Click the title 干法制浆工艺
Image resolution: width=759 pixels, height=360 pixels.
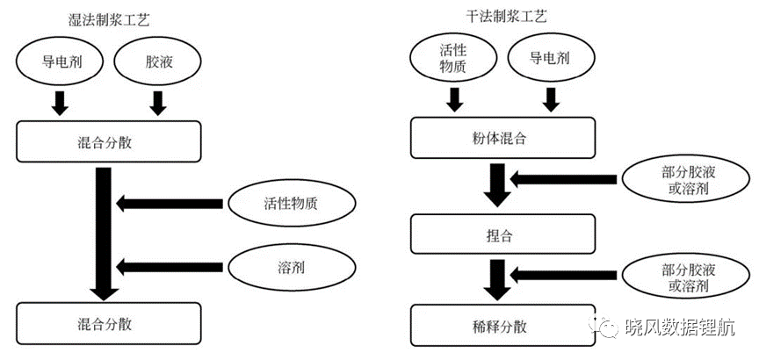pyautogui.click(x=506, y=18)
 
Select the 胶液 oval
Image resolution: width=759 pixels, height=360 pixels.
pyautogui.click(x=157, y=62)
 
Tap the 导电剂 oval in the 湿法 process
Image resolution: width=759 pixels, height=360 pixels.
pyautogui.click(x=60, y=62)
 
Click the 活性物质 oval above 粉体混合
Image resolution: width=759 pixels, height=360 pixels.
pyautogui.click(x=453, y=59)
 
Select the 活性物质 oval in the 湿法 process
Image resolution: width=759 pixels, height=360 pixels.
pyautogui.click(x=292, y=204)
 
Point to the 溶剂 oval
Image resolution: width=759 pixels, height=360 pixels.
pyautogui.click(x=292, y=267)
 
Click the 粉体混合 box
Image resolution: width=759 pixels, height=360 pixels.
pyautogui.click(x=502, y=139)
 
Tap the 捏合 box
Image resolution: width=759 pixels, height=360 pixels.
pyautogui.click(x=502, y=234)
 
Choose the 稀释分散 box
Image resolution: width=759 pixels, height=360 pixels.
pyautogui.click(x=502, y=326)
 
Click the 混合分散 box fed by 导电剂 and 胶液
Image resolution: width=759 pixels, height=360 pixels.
pyautogui.click(x=108, y=141)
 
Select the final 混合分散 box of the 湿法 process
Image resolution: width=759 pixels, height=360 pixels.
pyautogui.click(x=108, y=324)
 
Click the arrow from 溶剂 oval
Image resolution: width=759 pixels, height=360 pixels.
pyautogui.click(x=170, y=267)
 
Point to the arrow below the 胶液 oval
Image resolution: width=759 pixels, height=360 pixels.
pyautogui.click(x=157, y=103)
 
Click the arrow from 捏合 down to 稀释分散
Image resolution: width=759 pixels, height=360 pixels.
pyautogui.click(x=497, y=280)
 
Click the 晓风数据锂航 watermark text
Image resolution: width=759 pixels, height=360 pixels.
pyautogui.click(x=680, y=328)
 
